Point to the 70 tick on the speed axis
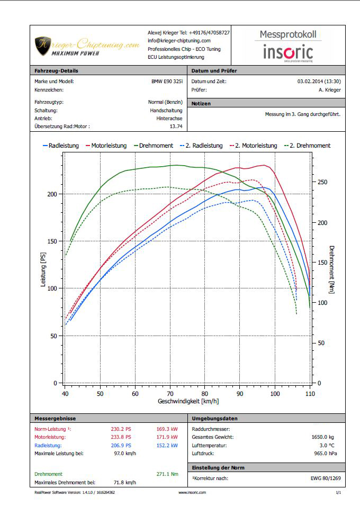(170, 394)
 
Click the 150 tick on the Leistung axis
(51, 241)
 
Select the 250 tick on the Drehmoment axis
(321, 182)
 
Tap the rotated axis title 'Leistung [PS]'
(43, 270)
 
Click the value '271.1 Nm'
(167, 474)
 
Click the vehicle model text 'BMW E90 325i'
(166, 82)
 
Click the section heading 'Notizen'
(201, 104)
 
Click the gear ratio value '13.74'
(176, 126)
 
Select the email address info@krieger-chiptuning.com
(179, 41)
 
